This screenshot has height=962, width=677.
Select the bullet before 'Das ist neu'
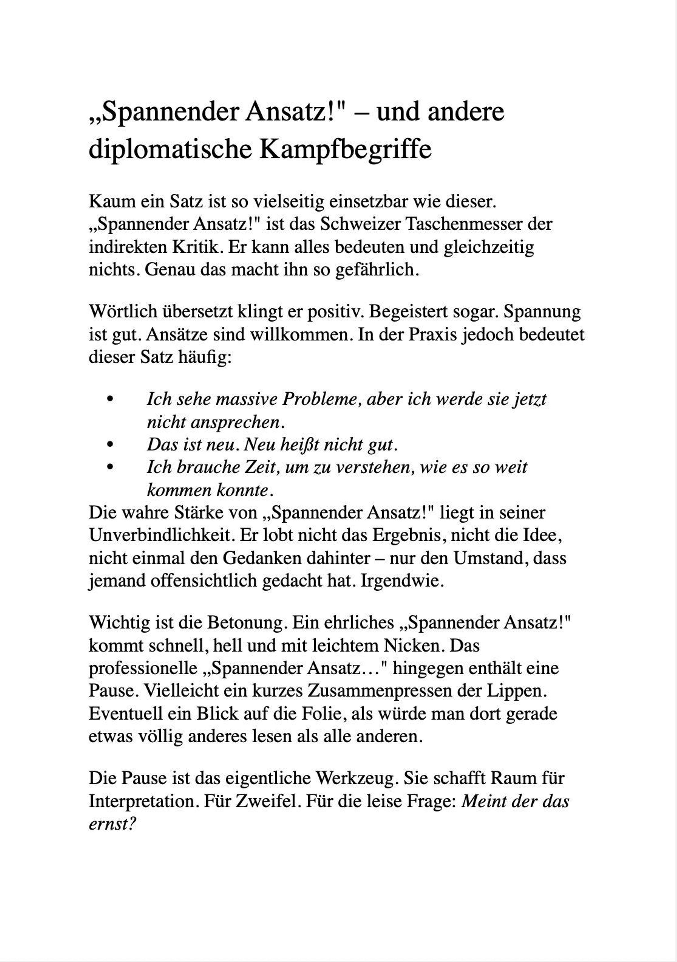coord(111,444)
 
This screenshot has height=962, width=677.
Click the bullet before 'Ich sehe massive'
coord(111,398)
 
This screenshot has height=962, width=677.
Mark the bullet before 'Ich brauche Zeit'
coord(111,467)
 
